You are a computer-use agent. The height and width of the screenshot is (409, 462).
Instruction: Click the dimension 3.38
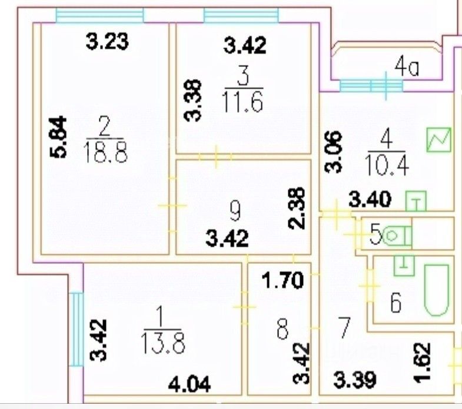195,100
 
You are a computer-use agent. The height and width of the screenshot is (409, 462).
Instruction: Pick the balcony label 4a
407,69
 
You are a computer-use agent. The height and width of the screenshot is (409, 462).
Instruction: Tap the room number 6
396,304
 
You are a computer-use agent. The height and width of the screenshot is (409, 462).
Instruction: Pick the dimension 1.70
283,280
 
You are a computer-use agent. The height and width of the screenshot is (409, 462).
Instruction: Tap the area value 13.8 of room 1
160,341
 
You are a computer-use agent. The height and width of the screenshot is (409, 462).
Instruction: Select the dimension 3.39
355,380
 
